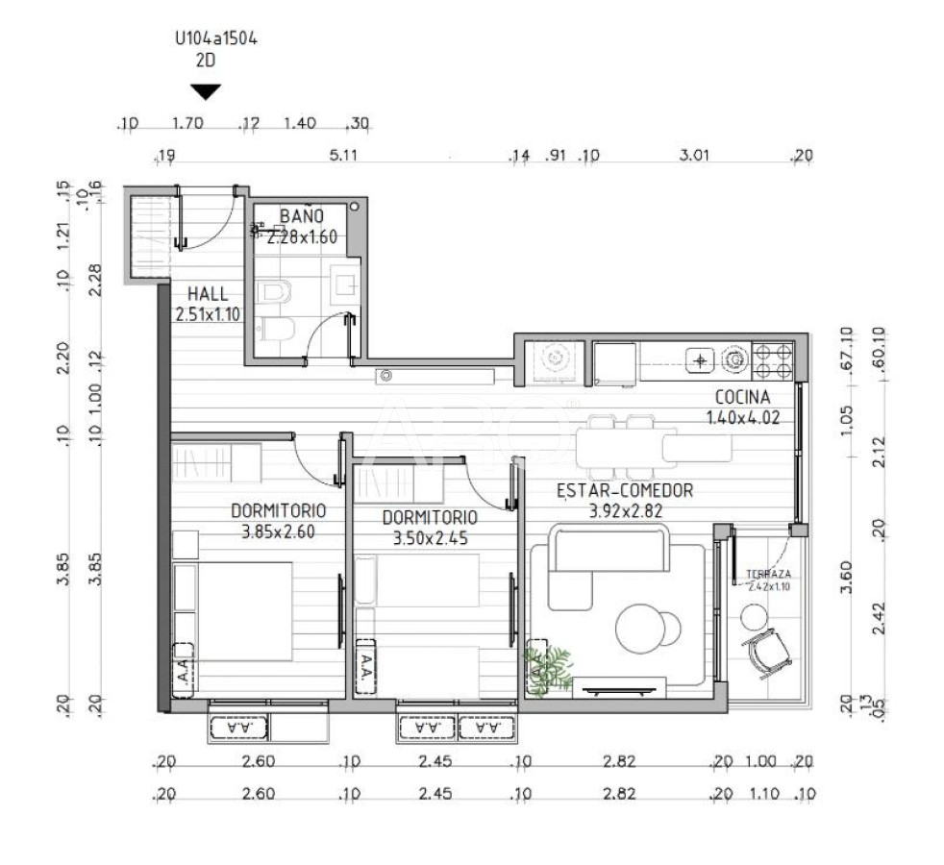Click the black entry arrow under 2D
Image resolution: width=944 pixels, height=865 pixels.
[x=206, y=92]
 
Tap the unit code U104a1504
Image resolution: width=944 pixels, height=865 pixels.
[x=215, y=39]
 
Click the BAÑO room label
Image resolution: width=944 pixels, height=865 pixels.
[x=301, y=215]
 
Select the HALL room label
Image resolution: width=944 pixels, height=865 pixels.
[x=209, y=294]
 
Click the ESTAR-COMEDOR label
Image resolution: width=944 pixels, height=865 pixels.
[x=625, y=491]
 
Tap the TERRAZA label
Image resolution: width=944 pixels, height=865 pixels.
[x=768, y=575]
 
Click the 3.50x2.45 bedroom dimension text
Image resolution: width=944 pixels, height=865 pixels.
[x=430, y=539]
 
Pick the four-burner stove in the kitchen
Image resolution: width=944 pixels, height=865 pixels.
[x=773, y=361]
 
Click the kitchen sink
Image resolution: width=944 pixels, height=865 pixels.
[x=699, y=360]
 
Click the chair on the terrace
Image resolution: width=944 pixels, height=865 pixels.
[x=769, y=652]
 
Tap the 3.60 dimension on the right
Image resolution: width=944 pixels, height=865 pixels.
[x=847, y=582]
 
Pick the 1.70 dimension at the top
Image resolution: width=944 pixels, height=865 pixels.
[x=186, y=123]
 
